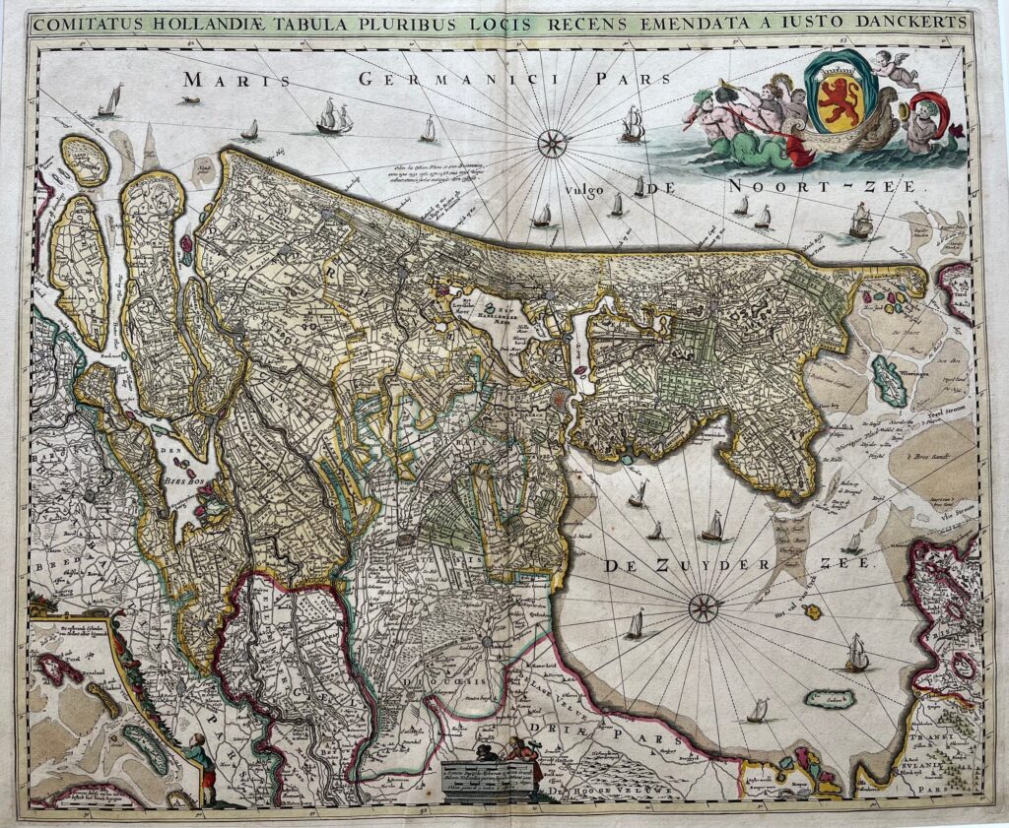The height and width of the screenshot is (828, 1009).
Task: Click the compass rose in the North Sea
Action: pos(552,144)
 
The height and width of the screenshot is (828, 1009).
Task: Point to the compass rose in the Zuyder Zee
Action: pos(703,607)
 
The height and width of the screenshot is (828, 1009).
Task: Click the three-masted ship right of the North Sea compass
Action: pos(633,124)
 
